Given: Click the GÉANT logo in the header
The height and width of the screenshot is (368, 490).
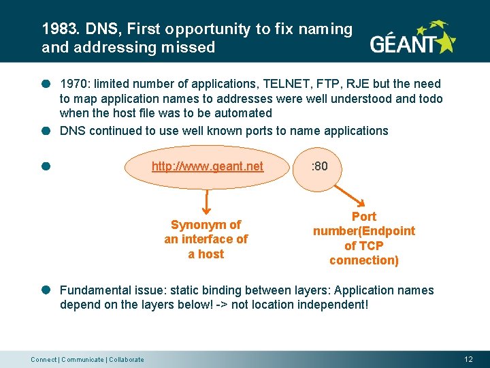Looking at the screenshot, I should click(412, 39).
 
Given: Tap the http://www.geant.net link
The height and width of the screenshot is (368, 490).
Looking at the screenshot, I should click(207, 166).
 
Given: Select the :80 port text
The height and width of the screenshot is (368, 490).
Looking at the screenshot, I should click(319, 166).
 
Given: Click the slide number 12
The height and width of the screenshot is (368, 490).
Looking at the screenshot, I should click(468, 359).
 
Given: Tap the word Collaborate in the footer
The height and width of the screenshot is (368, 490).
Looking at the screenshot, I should click(127, 359).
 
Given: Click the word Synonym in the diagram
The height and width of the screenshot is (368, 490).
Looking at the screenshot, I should click(196, 224).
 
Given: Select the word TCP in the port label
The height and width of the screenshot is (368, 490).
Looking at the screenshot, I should click(372, 245).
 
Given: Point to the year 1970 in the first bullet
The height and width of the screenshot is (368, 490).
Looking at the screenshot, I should click(73, 84).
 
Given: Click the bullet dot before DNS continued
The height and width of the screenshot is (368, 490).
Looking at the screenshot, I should click(46, 130).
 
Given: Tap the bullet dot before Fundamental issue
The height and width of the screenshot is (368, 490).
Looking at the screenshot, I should click(46, 290).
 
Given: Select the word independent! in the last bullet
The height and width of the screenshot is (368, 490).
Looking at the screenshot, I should click(334, 305).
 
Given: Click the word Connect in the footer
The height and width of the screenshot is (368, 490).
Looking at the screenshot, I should click(44, 359).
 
